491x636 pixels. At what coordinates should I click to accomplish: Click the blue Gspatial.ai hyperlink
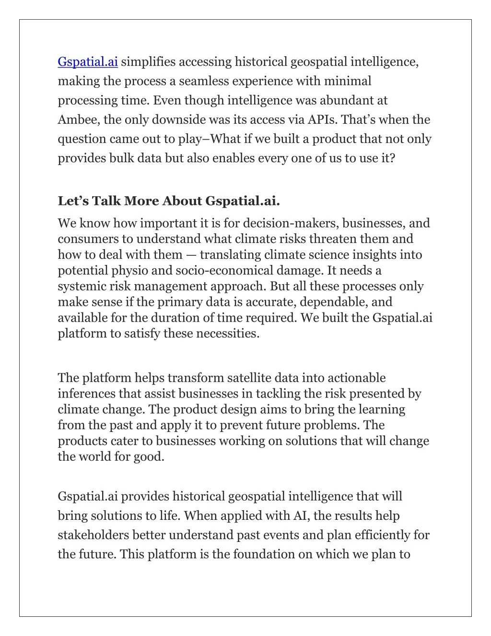click(x=88, y=62)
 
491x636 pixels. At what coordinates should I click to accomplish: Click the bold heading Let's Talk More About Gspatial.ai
click(x=169, y=200)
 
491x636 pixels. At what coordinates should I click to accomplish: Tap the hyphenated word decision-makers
click(x=282, y=223)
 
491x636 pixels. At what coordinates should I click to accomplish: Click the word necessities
click(x=228, y=334)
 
